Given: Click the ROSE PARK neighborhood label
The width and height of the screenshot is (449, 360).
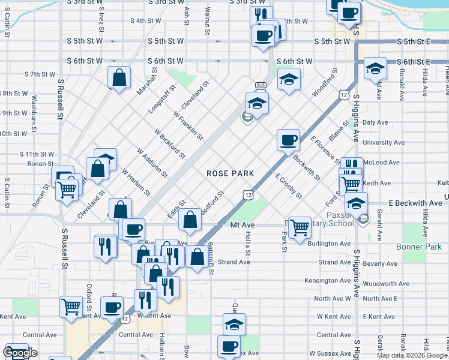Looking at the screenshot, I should pos(230,173).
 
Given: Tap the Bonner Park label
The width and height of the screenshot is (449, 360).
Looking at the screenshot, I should pos(419,247).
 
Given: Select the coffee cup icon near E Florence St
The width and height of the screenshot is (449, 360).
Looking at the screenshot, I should pos(288,140).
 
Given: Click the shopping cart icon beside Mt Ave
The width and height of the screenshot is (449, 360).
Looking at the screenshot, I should pos(300,227).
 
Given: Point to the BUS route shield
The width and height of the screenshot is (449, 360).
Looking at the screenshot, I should pos(261,85).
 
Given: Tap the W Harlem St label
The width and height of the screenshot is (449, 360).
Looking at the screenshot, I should pos(136,182).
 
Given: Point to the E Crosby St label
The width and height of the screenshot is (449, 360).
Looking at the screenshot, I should pos(288,187).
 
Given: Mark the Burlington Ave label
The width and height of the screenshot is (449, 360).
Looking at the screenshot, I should pos(329,244).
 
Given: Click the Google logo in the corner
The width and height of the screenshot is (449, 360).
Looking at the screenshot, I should pos(20,353).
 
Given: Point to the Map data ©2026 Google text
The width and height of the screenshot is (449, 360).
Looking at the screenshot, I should pos(412,355).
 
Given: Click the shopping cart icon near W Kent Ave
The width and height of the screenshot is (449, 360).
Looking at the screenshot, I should pos(71,307).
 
